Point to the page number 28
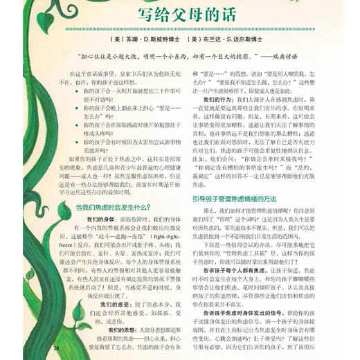pos(57,348)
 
